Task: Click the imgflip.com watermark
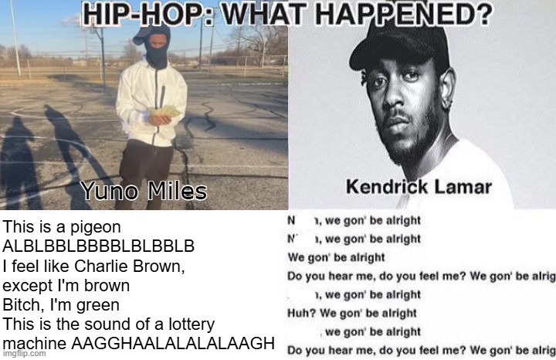click(24, 353)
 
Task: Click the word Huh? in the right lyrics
click(301, 313)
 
